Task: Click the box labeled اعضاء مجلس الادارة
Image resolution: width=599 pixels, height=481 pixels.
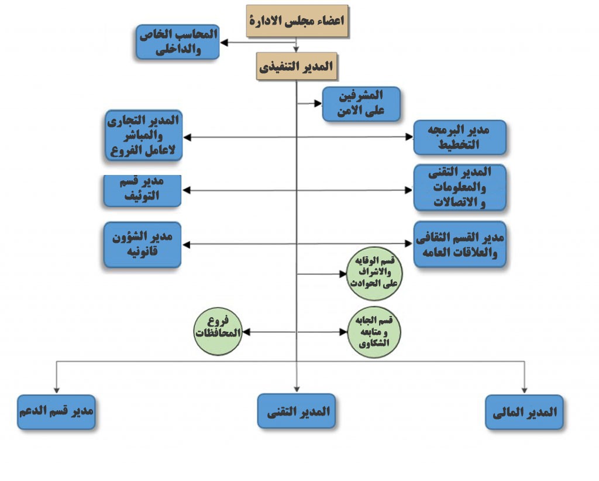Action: [x=297, y=21]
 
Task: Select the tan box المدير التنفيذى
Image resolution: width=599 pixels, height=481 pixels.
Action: [x=297, y=67]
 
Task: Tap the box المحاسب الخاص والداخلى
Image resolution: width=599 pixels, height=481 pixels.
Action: [x=178, y=42]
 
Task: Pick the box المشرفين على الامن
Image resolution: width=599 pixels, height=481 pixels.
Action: [x=362, y=104]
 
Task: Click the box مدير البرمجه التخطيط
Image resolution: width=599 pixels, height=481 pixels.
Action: [x=460, y=138]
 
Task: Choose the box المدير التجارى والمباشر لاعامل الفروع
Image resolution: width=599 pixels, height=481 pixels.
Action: [x=144, y=135]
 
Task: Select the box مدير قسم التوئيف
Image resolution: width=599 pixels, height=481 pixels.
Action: [x=142, y=191]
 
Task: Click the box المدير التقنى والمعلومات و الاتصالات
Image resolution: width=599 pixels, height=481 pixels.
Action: [x=460, y=188]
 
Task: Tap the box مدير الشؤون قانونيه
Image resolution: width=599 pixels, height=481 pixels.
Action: [x=142, y=245]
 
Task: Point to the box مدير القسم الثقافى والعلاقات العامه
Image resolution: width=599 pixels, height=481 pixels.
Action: [x=460, y=244]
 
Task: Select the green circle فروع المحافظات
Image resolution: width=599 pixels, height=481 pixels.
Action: [x=218, y=331]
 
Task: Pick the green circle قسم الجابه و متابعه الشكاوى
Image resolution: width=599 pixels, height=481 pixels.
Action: [x=374, y=332]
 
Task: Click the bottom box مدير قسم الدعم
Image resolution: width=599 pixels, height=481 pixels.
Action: [x=56, y=412]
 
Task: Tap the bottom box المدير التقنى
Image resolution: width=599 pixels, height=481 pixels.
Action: [x=297, y=411]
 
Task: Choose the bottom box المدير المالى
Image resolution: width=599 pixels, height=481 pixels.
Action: [x=524, y=412]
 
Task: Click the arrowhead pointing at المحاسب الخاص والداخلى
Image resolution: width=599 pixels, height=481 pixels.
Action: [x=224, y=42]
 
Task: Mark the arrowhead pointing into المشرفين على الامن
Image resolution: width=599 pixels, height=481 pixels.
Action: [x=318, y=103]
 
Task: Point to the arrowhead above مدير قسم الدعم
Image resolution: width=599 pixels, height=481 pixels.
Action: [x=57, y=390]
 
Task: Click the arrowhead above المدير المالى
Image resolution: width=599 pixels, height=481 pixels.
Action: [x=525, y=390]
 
